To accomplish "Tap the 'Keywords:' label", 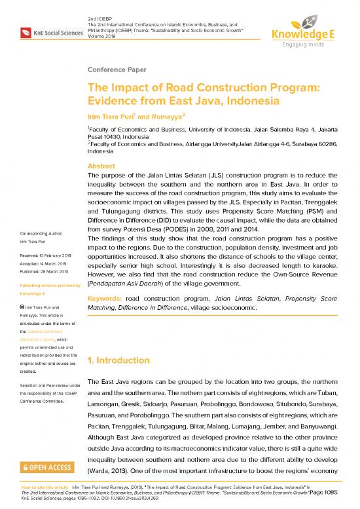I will point(104,298).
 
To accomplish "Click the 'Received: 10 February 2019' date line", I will point(45,255).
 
